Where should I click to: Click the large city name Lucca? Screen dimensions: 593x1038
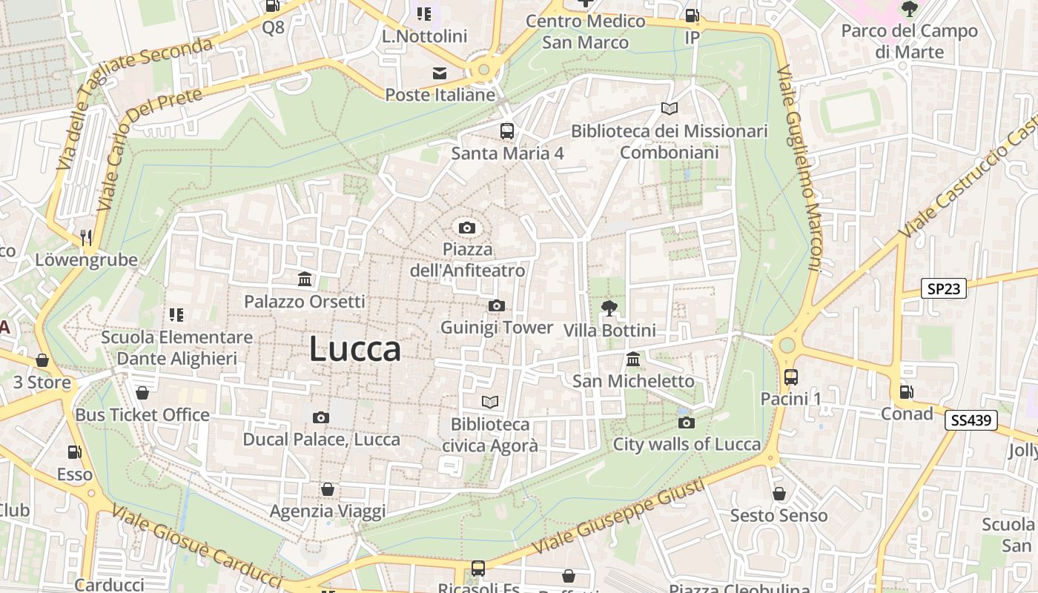coord(354,349)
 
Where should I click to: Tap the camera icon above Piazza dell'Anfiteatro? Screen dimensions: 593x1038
coord(466,228)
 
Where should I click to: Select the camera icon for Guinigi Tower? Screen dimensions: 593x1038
coord(497,305)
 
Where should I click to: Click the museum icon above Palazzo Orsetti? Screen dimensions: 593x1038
coord(305,279)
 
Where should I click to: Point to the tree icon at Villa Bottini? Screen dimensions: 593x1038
coord(609,308)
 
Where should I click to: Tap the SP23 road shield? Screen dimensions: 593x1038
coord(944,288)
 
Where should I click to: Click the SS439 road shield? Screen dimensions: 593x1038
coord(971,420)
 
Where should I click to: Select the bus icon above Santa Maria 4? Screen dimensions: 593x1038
coord(507,131)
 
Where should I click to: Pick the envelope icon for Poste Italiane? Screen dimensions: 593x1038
coord(440,73)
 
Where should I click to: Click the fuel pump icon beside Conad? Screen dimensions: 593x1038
coord(906,391)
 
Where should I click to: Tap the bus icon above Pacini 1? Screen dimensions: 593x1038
coord(791,377)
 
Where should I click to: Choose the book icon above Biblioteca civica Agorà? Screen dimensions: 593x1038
coord(490,402)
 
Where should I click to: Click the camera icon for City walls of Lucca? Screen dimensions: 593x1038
coord(687,423)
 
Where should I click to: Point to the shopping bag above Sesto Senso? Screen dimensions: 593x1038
coord(778,493)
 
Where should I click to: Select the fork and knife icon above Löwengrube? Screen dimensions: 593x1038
coord(86,237)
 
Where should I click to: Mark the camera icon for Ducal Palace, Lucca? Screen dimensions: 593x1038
coord(321,417)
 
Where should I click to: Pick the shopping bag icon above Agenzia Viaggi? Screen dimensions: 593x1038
coord(327,489)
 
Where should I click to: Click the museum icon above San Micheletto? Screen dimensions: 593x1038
coord(633,360)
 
